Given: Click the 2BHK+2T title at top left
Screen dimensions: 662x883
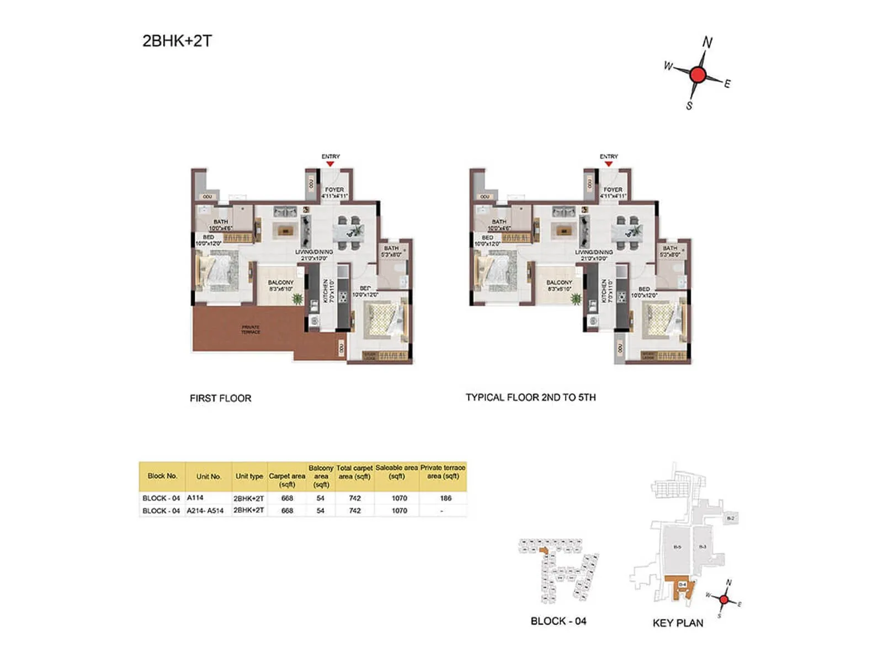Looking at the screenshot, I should [177, 41].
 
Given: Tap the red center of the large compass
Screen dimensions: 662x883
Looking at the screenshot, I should [698, 74].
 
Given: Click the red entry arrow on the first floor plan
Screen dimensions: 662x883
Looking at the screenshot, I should [330, 164].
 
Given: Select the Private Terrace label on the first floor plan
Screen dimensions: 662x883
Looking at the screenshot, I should [251, 329].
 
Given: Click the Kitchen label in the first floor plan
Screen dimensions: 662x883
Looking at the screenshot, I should [326, 290].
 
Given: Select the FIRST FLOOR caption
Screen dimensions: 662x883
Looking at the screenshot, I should [220, 398].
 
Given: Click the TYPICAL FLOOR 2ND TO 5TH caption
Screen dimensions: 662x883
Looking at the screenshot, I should [530, 397].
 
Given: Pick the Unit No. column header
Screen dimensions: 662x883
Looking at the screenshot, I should [209, 476].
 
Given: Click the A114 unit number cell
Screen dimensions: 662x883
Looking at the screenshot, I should [195, 498].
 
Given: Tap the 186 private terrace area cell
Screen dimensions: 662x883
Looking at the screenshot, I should [445, 498].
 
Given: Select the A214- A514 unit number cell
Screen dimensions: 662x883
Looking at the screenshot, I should [205, 511].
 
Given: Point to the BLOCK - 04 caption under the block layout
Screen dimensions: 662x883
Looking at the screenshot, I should [558, 621].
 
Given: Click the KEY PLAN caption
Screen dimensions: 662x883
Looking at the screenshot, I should [678, 623].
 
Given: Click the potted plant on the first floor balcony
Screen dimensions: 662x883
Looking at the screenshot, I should [297, 299].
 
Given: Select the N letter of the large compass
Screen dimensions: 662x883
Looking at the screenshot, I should [708, 42].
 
